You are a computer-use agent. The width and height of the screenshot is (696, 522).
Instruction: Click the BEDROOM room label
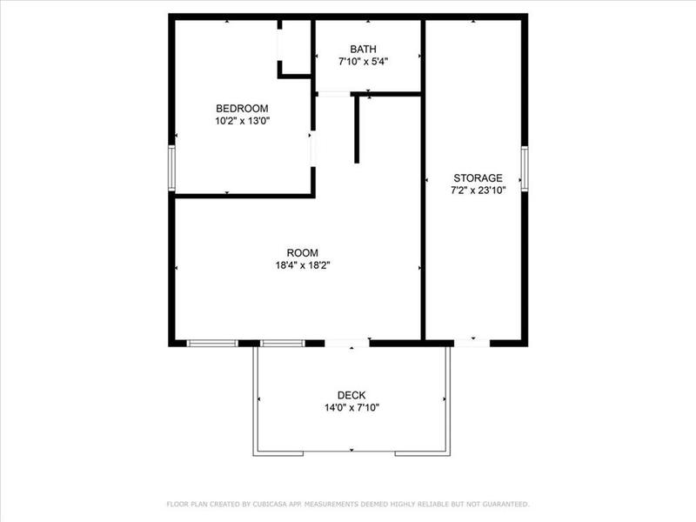click(242, 109)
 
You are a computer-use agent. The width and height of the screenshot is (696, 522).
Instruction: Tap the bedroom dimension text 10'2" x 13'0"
click(242, 122)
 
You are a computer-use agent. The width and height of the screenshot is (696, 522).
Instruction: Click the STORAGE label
click(476, 178)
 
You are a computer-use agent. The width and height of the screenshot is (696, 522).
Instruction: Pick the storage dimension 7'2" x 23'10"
click(476, 191)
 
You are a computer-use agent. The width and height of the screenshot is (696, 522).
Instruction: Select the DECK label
click(351, 395)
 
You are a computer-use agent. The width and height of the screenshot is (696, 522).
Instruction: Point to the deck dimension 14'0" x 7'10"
click(351, 407)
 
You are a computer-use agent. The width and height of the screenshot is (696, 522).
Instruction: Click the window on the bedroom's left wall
click(172, 168)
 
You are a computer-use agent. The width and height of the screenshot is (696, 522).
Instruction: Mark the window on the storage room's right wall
click(525, 168)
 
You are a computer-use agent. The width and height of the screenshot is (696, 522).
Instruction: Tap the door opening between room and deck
click(346, 343)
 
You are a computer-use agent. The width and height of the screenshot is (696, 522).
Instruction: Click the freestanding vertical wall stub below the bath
click(357, 130)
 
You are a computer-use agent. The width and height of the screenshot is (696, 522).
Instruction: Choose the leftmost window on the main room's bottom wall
click(212, 343)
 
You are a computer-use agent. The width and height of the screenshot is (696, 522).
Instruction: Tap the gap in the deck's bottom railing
click(351, 452)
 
